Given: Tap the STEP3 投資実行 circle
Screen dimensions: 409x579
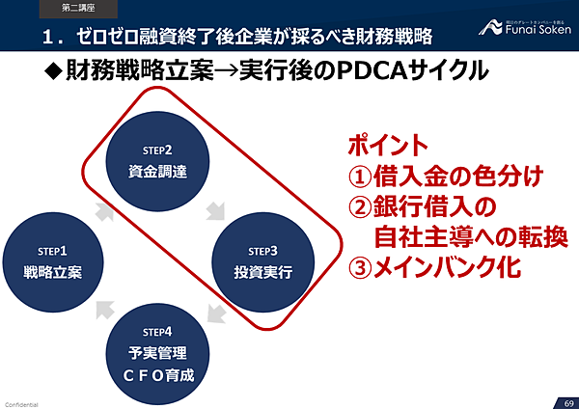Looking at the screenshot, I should pyautogui.click(x=262, y=262).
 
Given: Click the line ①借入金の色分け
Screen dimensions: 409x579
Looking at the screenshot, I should pyautogui.click(x=446, y=177).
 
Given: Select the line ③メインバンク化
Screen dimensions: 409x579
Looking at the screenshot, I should pyautogui.click(x=440, y=266).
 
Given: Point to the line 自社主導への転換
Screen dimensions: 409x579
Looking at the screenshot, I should pyautogui.click(x=471, y=236).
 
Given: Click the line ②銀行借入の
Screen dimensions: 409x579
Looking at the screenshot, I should pyautogui.click(x=421, y=207).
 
